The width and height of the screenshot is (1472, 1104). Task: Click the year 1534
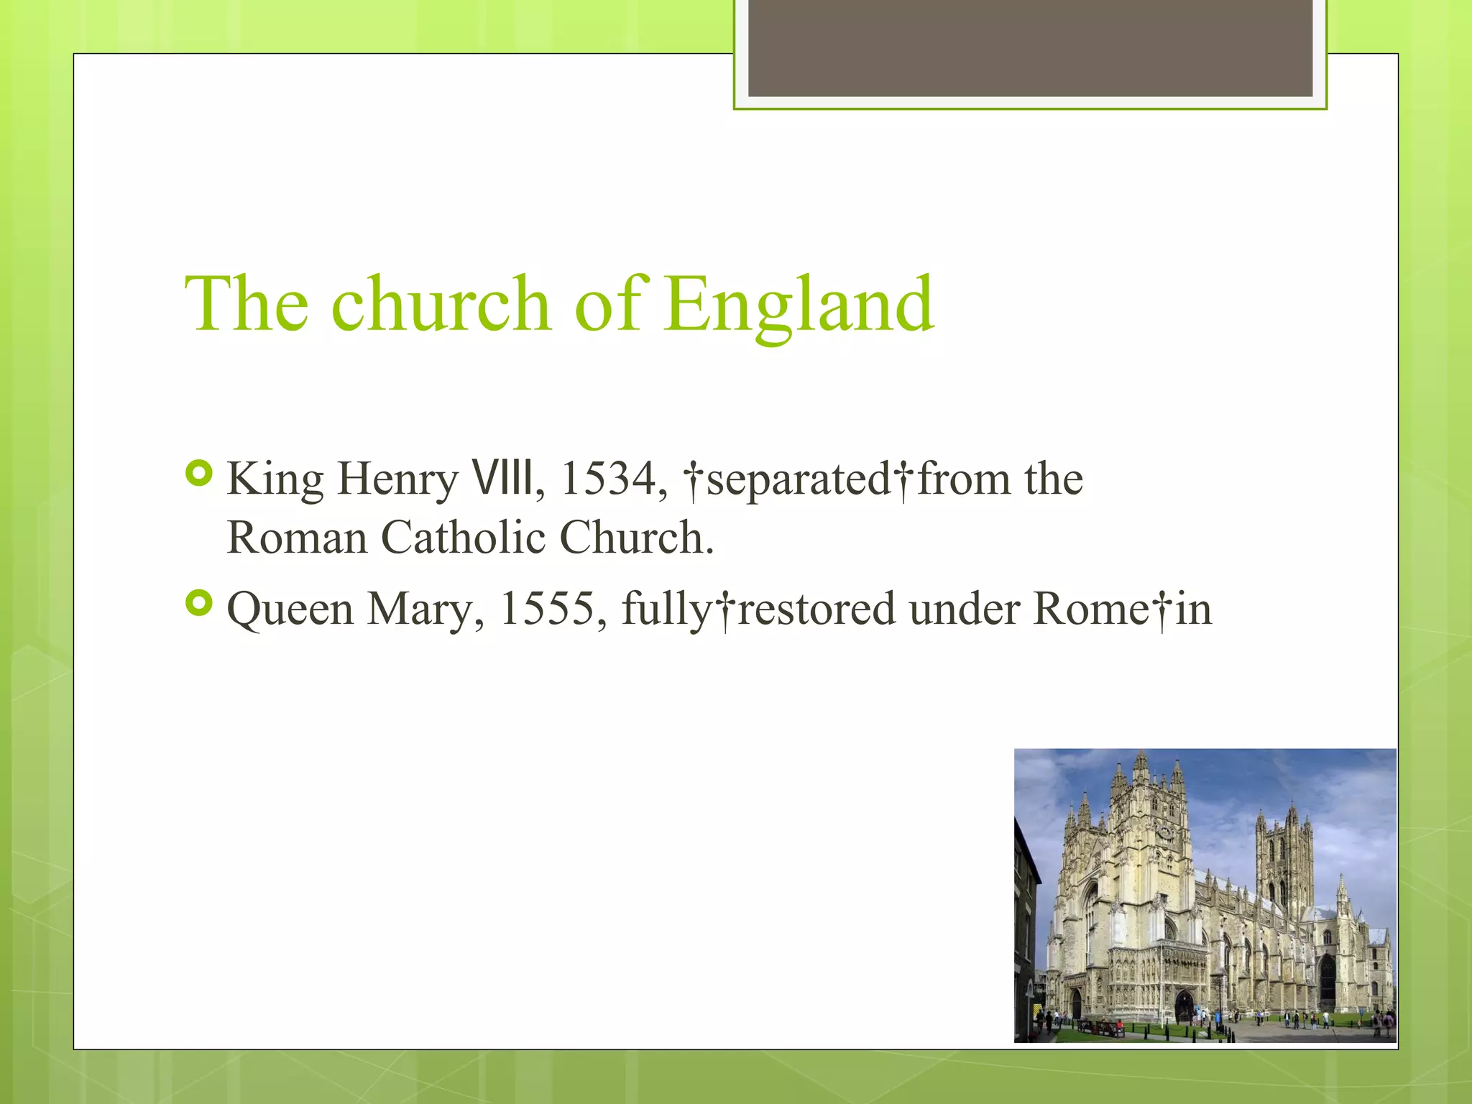pos(608,479)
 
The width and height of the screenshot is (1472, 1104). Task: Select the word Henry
pos(397,480)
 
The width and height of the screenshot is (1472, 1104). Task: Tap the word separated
pos(798,480)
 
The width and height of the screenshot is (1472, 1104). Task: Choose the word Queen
pos(290,610)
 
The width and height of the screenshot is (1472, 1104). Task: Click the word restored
pos(817,609)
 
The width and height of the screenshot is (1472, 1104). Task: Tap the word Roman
pos(297,538)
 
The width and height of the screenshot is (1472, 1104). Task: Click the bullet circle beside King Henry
pos(199,474)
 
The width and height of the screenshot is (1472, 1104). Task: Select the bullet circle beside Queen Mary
pos(199,604)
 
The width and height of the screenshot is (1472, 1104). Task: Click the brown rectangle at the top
pos(1030,48)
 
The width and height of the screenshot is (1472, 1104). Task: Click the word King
pos(275,480)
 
